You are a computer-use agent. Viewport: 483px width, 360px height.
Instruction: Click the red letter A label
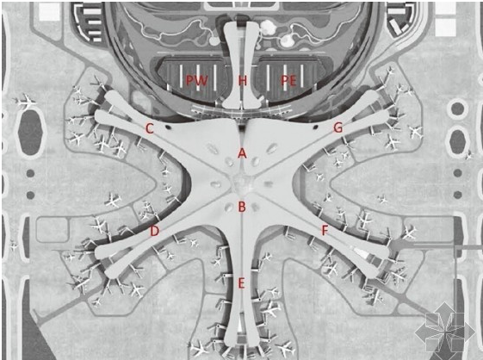point(243,153)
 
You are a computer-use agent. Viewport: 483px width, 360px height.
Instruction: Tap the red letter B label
point(242,207)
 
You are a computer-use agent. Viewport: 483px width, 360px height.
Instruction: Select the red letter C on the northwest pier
point(150,128)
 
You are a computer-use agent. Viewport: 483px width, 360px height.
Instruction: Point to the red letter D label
point(154,231)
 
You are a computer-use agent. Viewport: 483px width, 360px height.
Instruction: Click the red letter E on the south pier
point(241,283)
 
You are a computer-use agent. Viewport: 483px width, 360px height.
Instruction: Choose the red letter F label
point(325,230)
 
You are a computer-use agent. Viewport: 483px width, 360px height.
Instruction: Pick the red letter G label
point(338,127)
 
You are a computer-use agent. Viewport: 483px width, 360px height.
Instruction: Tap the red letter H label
point(243,81)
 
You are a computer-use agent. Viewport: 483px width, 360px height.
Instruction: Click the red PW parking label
point(197,81)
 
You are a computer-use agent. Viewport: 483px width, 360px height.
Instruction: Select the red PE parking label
point(288,81)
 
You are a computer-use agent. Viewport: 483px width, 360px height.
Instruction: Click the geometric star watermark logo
point(445,331)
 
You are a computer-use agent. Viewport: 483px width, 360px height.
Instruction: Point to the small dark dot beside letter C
point(168,126)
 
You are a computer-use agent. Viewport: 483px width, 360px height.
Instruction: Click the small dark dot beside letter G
point(315,126)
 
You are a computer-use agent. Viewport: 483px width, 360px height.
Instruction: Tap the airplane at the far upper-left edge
point(25,101)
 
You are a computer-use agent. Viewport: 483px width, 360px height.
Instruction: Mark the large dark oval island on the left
point(30,133)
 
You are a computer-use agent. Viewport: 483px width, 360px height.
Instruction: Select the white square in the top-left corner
point(49,11)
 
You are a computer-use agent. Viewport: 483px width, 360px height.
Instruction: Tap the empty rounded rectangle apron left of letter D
point(53,230)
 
